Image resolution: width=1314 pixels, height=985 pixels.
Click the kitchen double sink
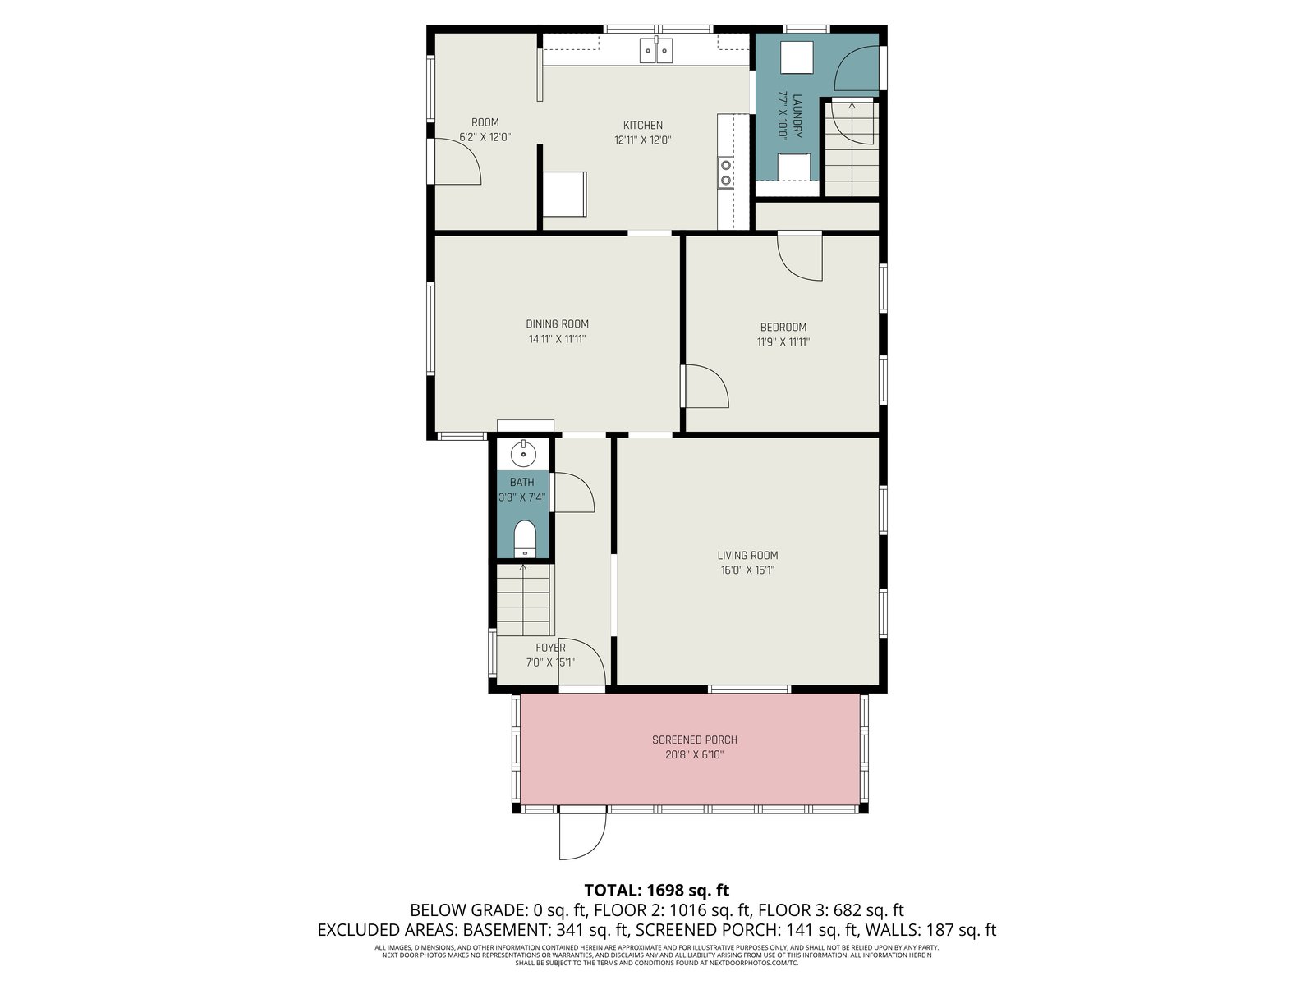coord(656,49)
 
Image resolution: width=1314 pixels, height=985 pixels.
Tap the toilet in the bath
coord(525,538)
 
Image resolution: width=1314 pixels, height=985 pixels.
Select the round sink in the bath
coord(522,454)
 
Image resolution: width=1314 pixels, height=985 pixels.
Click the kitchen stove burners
coord(725,172)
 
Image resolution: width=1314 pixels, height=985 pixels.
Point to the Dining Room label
coord(557,323)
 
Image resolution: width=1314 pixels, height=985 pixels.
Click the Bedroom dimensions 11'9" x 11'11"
coord(783,342)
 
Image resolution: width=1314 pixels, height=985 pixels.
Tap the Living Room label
coord(747,555)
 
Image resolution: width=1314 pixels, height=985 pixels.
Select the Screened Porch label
coord(695,740)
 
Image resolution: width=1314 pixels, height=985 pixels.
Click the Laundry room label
coord(797,116)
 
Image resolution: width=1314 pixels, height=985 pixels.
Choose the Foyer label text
coord(550,647)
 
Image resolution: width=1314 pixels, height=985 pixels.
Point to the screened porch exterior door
coord(583,833)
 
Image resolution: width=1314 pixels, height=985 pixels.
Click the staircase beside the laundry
coord(852,149)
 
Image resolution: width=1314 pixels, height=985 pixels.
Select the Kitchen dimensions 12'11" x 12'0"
coord(642,140)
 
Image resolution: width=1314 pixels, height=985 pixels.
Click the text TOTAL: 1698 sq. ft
coord(657,891)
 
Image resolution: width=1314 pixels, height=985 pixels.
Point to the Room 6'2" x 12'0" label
coord(485,130)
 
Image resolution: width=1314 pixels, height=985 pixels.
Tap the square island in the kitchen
coord(564,195)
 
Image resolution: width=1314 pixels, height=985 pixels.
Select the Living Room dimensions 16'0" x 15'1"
coord(747,570)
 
